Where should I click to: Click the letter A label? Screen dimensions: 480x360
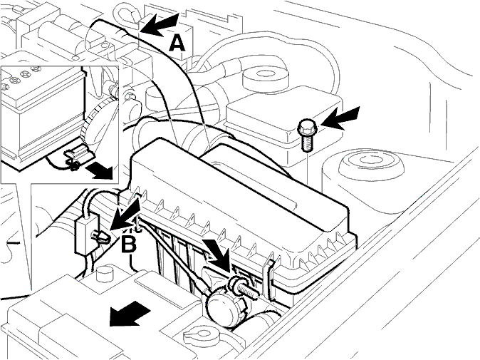(177, 43)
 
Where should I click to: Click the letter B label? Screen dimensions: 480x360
(129, 245)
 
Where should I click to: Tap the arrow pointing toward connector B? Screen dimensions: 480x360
(125, 214)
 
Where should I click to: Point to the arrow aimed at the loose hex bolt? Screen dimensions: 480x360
(340, 118)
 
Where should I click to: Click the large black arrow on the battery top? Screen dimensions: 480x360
(130, 313)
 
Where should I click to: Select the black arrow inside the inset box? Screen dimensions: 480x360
(99, 170)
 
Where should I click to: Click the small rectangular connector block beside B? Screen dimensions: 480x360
(88, 234)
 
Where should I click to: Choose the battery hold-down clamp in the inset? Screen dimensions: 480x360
(76, 155)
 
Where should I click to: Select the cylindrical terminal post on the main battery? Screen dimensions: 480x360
(104, 274)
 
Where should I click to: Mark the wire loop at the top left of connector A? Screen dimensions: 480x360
(126, 15)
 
